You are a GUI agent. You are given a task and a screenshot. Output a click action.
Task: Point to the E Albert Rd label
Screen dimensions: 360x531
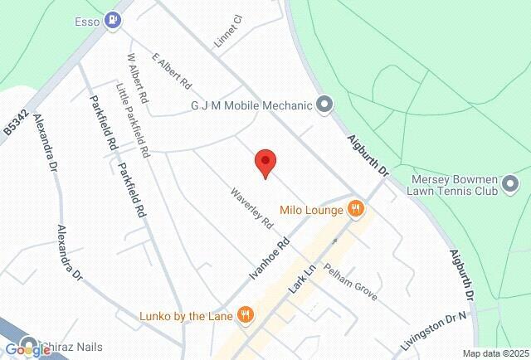click(172, 71)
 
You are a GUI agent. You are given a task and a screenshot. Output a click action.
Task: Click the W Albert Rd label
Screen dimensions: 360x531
click(137, 78)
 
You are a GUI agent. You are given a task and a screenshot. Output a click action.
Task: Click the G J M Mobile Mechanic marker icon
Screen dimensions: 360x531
click(325, 105)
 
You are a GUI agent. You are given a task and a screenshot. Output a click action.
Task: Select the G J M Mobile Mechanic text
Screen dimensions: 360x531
click(251, 105)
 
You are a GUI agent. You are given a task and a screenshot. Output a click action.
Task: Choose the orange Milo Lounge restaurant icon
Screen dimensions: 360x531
click(356, 209)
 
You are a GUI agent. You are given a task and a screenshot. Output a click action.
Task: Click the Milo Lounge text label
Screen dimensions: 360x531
click(312, 210)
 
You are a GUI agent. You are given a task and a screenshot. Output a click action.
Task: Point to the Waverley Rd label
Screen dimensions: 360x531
click(251, 208)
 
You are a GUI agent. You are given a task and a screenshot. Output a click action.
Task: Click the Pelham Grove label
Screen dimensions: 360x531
click(351, 282)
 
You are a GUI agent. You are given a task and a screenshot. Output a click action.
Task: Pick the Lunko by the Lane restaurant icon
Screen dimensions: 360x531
click(245, 314)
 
